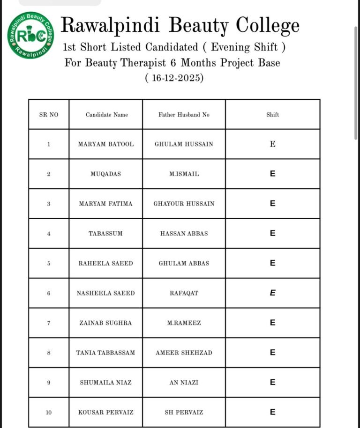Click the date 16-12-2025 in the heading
click(x=174, y=78)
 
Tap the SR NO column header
click(x=49, y=115)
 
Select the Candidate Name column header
click(x=106, y=115)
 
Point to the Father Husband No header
click(x=184, y=115)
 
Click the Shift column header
click(x=272, y=115)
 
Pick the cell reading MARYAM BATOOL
click(x=105, y=144)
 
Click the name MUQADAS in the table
click(x=105, y=174)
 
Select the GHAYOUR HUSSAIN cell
click(x=184, y=204)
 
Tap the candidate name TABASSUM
click(x=105, y=234)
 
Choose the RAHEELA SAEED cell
click(x=105, y=264)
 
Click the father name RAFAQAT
click(x=184, y=293)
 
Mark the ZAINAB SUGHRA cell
click(x=105, y=323)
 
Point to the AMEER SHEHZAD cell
click(x=184, y=353)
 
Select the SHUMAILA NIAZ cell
click(x=105, y=383)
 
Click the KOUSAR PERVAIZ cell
click(x=105, y=413)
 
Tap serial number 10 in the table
click(x=49, y=413)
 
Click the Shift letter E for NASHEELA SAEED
click(x=272, y=293)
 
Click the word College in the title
click(x=267, y=25)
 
